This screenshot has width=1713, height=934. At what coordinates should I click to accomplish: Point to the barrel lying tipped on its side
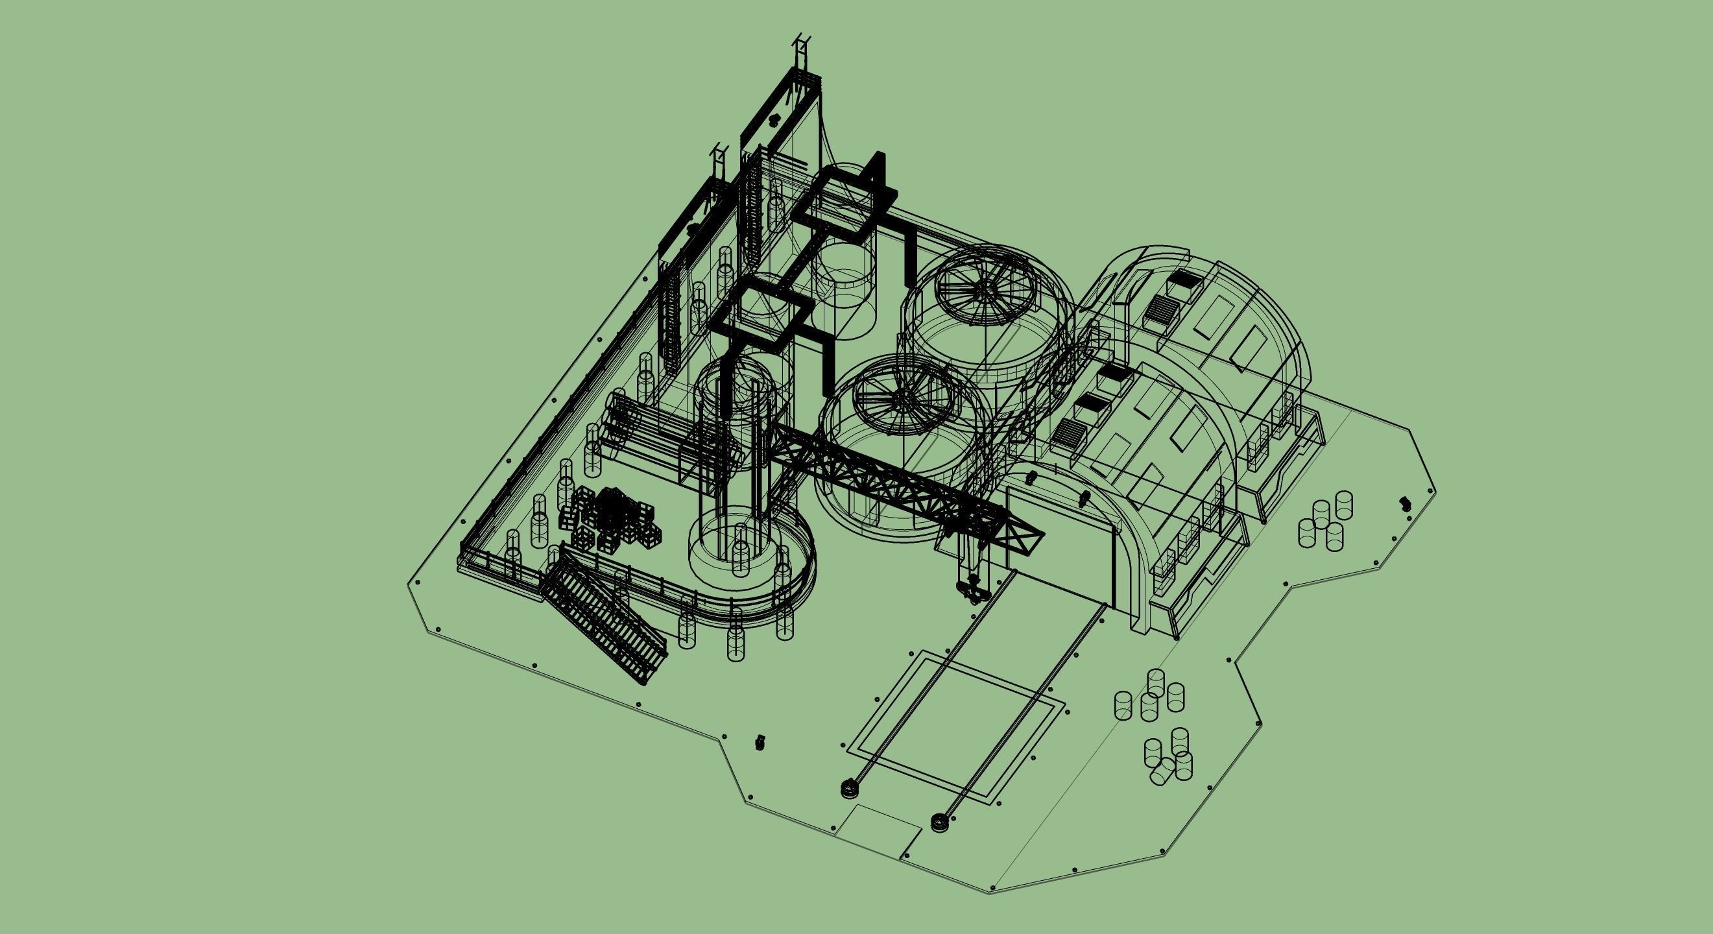click(x=1162, y=772)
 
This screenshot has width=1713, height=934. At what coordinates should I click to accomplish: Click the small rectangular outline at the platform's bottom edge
click(x=878, y=831)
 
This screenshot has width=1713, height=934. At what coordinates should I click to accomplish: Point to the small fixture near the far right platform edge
click(x=1405, y=503)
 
